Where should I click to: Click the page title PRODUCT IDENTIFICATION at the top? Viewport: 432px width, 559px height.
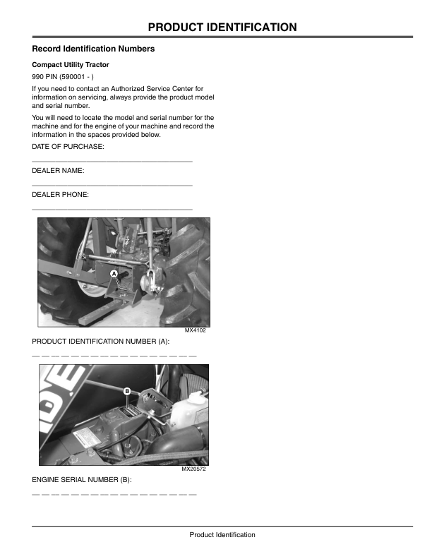(222, 28)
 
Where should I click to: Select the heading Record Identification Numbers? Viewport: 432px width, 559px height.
(93, 49)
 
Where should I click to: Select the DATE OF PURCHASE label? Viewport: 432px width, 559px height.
(68, 146)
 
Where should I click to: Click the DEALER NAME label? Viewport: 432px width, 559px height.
(59, 170)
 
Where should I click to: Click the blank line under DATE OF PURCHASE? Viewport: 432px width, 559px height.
(112, 162)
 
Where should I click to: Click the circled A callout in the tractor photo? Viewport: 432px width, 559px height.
(114, 272)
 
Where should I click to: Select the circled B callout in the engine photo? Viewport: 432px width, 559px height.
(127, 390)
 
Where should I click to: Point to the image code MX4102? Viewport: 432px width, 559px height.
(196, 330)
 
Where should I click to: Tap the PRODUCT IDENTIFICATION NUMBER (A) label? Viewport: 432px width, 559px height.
(101, 341)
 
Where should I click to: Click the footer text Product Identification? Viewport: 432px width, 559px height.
(222, 535)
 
